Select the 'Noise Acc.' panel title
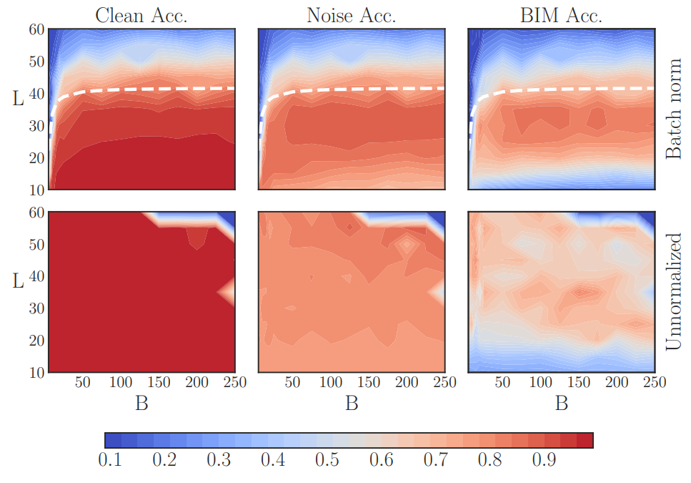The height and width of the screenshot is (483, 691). point(350,16)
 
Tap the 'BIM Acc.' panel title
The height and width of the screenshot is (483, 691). point(562,16)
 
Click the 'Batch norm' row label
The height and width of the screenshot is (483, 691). point(673,119)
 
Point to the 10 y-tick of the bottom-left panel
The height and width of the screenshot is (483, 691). point(36,372)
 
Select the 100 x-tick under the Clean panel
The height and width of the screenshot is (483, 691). point(119,382)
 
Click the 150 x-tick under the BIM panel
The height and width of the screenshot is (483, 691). point(578,382)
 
